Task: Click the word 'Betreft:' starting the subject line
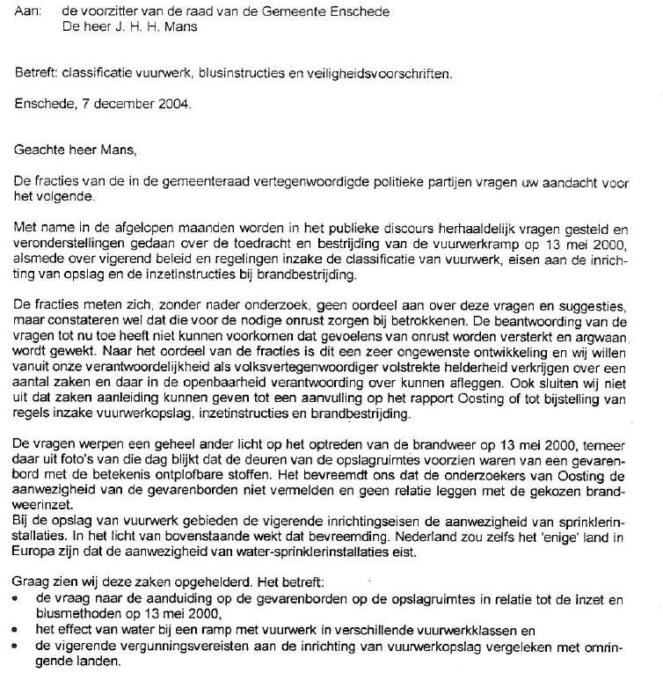pos(37,74)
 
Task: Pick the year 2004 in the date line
pos(174,103)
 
